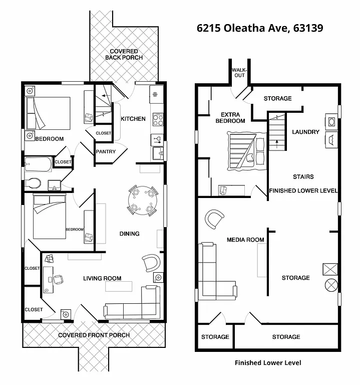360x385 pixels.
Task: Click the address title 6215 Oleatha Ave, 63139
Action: tap(260, 28)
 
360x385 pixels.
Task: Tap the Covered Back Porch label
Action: tap(124, 55)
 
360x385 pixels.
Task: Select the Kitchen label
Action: tap(133, 119)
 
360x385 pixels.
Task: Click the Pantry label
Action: tap(106, 151)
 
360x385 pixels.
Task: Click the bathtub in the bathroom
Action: tap(38, 163)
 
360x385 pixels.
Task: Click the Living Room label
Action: tap(102, 278)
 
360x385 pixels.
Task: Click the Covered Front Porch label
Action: tap(94, 335)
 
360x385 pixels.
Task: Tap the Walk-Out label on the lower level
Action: tap(239, 72)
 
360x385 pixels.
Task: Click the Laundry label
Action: tap(305, 132)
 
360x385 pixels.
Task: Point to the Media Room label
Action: tap(245, 240)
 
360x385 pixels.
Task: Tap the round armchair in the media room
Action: tap(215, 219)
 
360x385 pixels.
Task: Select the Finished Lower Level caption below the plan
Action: tap(268, 362)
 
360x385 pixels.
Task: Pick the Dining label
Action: tap(129, 234)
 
